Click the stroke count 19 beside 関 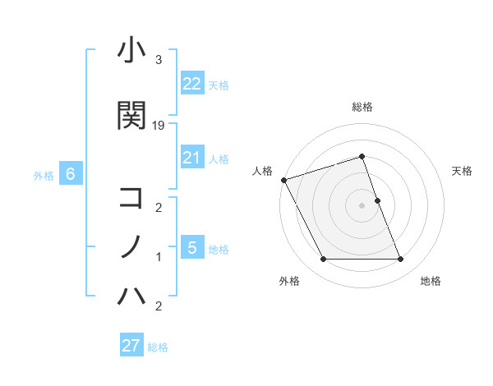click(x=159, y=125)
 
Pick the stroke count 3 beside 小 click(x=158, y=60)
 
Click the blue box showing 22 click(x=191, y=84)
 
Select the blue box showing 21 click(x=191, y=158)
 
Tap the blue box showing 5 click(x=191, y=247)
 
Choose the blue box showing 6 click(x=71, y=174)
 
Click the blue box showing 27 click(x=131, y=346)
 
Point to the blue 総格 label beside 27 click(x=158, y=347)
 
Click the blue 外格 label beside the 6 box click(x=44, y=175)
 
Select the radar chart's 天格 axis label click(x=462, y=171)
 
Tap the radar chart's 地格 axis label click(x=431, y=281)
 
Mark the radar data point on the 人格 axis click(x=283, y=180)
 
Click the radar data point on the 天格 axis click(x=377, y=200)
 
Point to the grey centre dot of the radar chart click(x=362, y=205)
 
